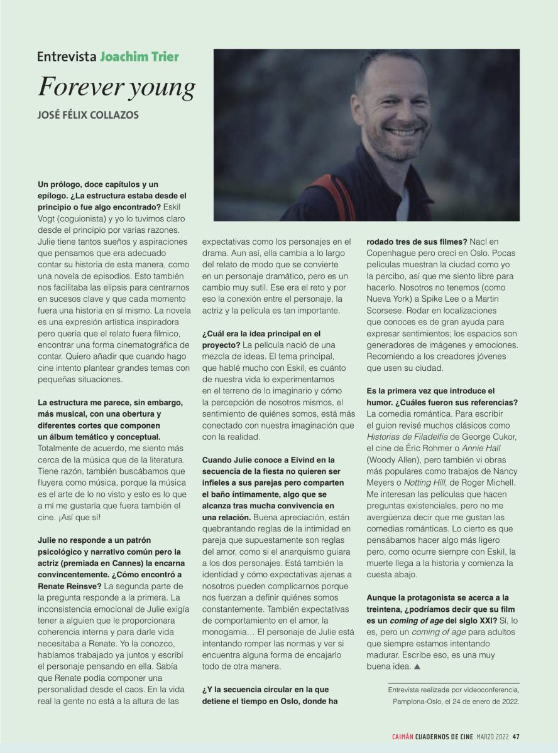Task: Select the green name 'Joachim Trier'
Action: point(139,56)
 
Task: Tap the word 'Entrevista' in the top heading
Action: point(67,56)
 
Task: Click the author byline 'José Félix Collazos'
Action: point(89,115)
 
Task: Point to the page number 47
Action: point(515,737)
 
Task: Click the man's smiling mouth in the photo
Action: point(402,132)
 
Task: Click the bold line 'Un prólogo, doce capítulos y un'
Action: point(98,184)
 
